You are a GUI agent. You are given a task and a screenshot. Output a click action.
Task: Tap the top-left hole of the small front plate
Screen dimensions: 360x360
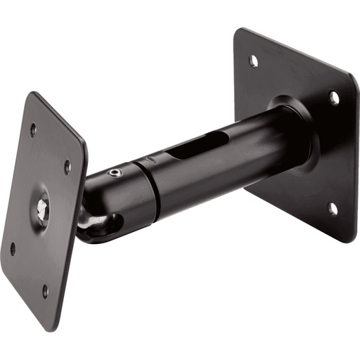point(32,129)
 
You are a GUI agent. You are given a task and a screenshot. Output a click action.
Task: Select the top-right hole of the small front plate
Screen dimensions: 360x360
point(67,167)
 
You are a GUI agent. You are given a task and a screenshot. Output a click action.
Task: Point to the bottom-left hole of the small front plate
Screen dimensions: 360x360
point(13,248)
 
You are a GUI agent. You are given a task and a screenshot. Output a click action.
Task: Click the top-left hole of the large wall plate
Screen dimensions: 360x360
point(253,61)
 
